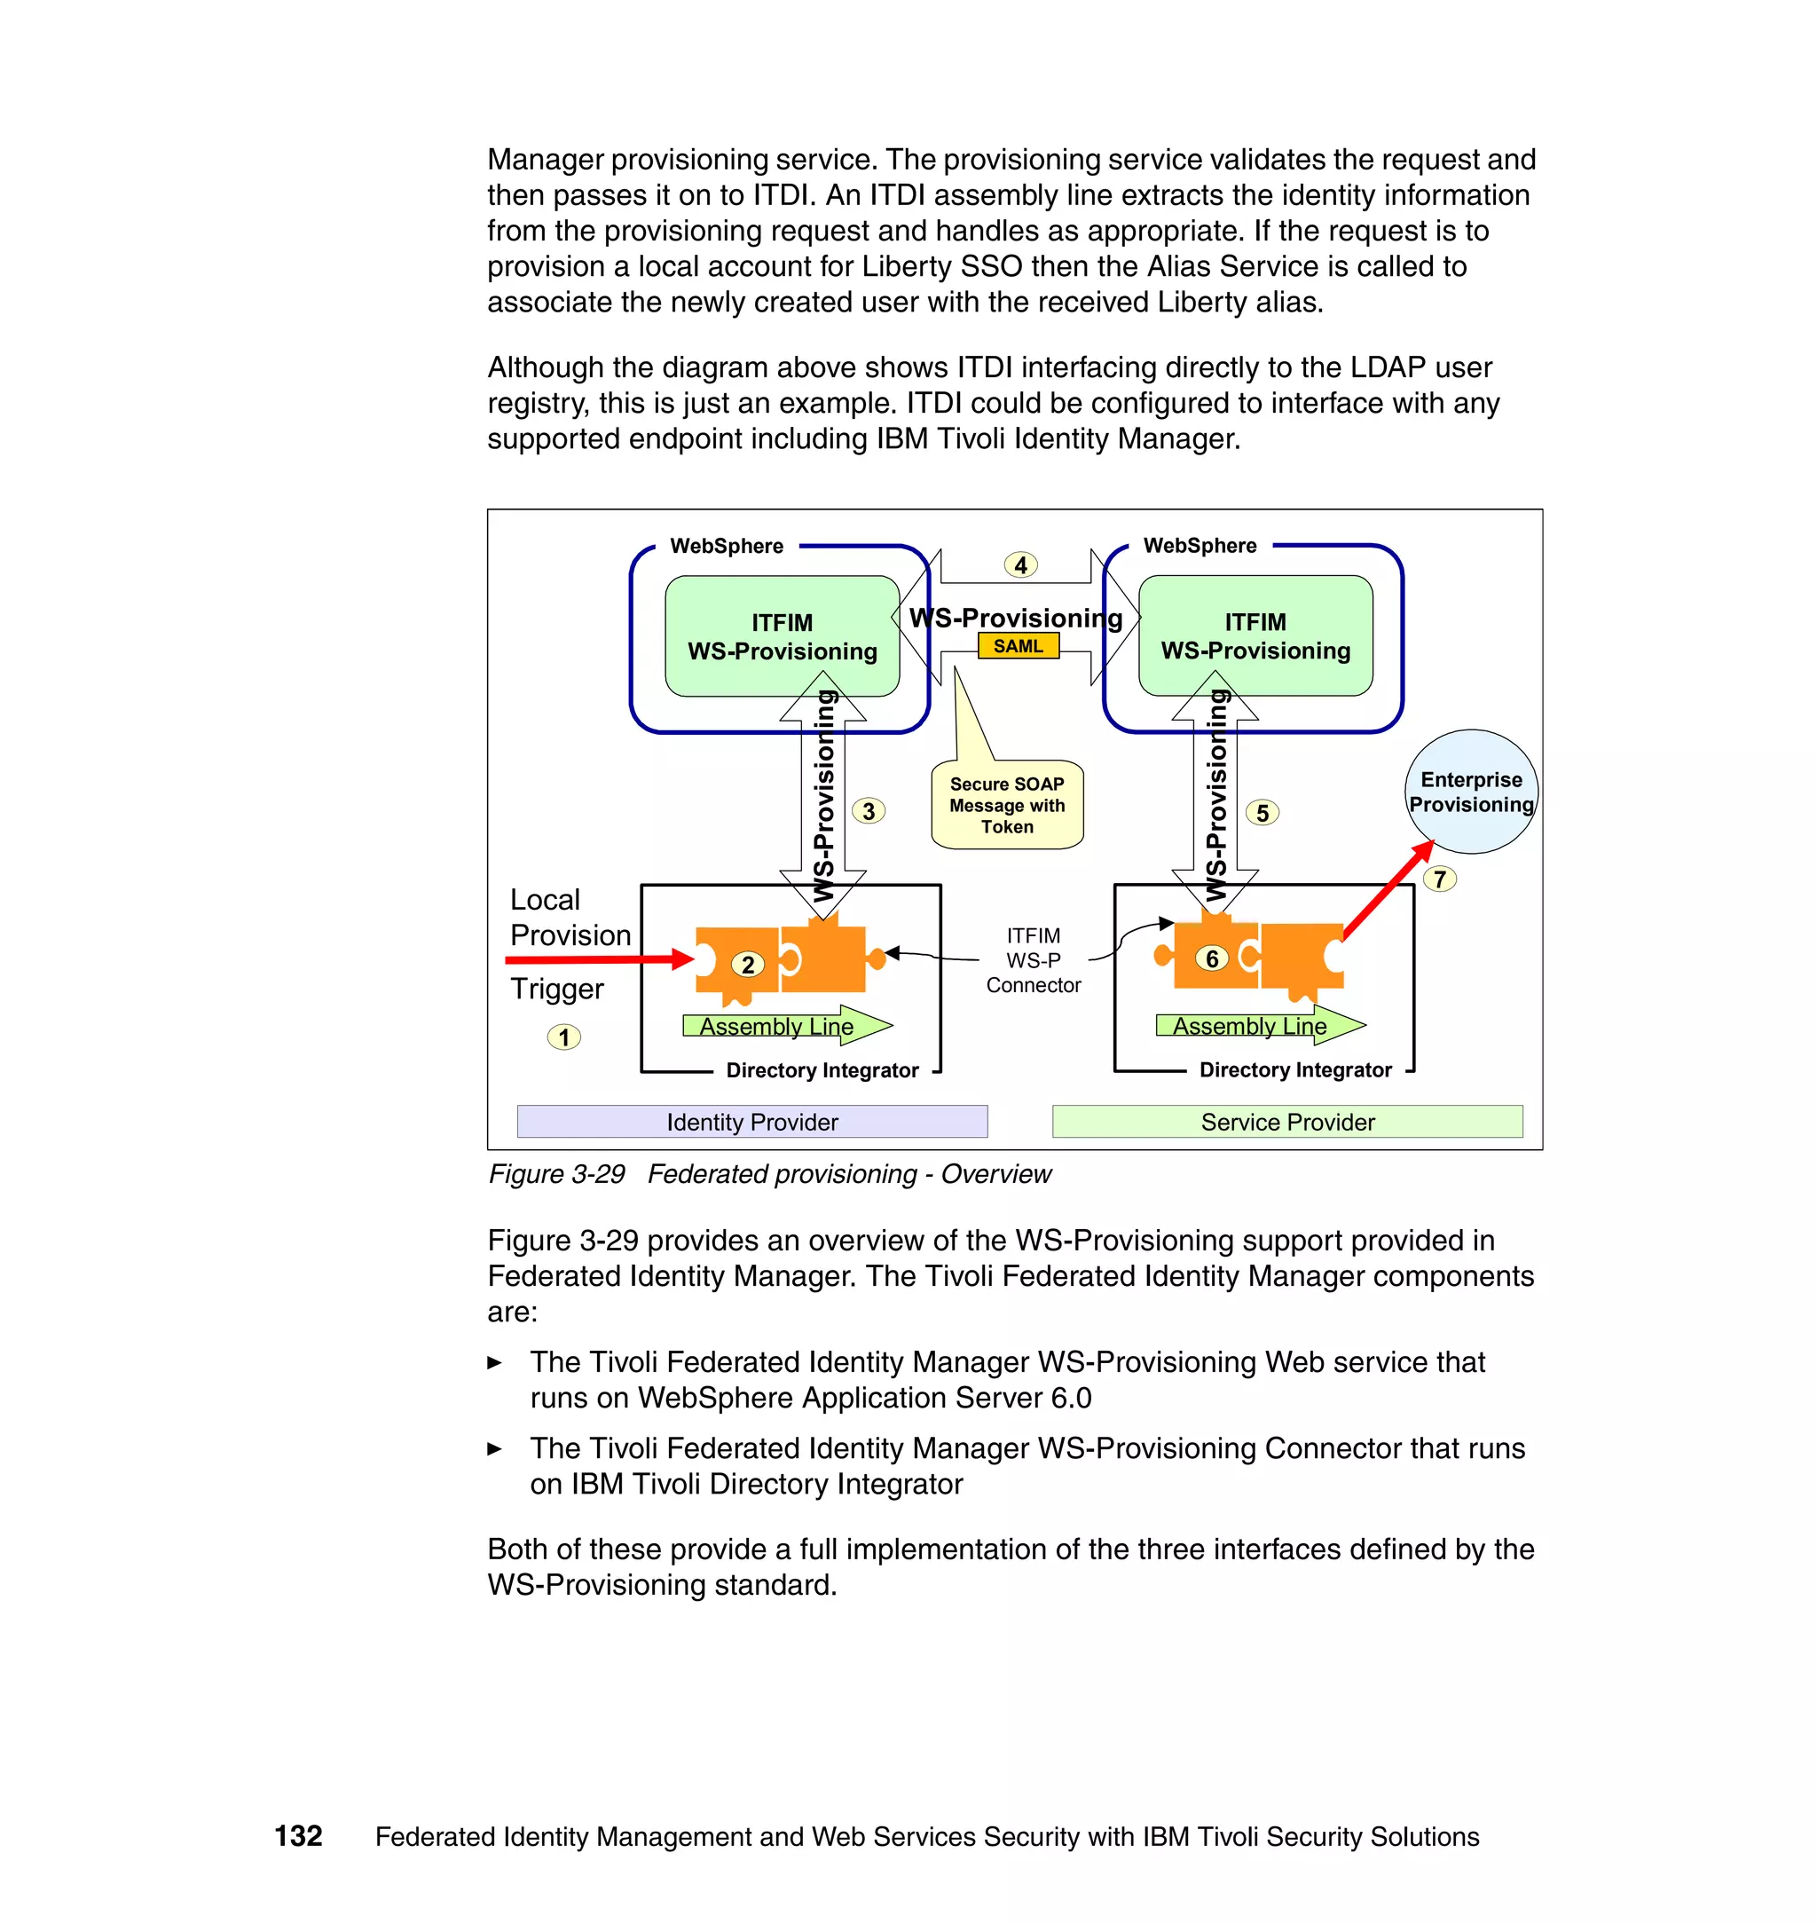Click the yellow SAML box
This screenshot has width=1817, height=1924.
tap(1018, 646)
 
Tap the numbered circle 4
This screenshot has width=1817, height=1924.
tap(1020, 564)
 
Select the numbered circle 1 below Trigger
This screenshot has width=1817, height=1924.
tap(563, 1037)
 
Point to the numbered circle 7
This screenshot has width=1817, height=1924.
tap(1439, 879)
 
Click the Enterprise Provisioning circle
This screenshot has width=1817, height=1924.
tap(1470, 792)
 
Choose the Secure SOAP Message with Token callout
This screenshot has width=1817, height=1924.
tap(1006, 805)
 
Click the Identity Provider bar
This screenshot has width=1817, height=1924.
tap(751, 1122)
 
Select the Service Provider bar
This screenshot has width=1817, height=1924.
tap(1286, 1122)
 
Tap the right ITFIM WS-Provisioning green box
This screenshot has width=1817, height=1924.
tap(1255, 635)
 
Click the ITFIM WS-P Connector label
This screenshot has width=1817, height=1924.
tap(1033, 960)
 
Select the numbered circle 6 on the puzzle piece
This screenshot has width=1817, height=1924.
tap(1212, 958)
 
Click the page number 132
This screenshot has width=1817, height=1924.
tap(298, 1836)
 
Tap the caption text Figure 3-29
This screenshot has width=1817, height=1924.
tap(557, 1174)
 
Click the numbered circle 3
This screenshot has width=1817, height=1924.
tap(868, 811)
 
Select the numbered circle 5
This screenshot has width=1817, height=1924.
tap(1261, 813)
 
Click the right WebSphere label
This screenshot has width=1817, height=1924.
tap(1200, 546)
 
